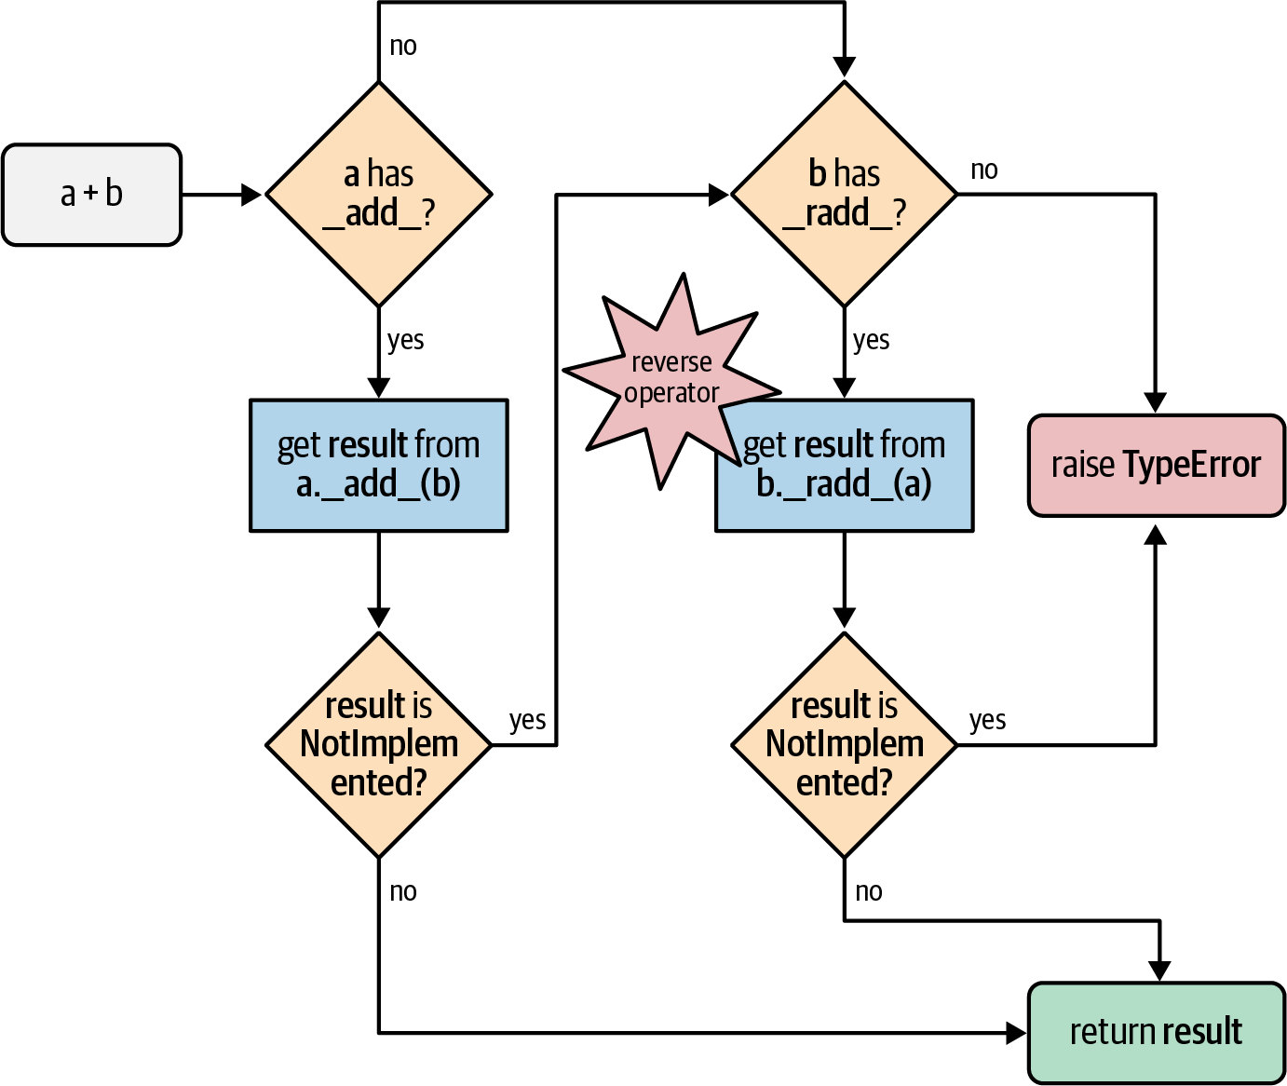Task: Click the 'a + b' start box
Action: pos(91,195)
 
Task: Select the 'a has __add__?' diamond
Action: pos(378,194)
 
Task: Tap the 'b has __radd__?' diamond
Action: pos(844,194)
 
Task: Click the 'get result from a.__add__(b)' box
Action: pos(378,465)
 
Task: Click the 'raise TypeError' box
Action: pos(1156,465)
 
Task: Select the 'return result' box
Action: pos(1156,1032)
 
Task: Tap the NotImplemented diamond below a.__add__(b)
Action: pos(378,744)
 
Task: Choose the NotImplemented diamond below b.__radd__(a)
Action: pos(844,744)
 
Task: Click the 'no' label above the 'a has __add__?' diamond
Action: pos(403,47)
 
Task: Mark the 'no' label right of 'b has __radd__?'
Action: pos(984,170)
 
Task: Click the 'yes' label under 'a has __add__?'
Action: pos(405,341)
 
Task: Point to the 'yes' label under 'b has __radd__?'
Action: pos(871,341)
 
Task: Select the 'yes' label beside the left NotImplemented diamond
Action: pos(527,721)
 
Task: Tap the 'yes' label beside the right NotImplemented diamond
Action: pos(987,721)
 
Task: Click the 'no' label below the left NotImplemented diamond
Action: pos(403,892)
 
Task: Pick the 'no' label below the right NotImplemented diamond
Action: pos(869,892)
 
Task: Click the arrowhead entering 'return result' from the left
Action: pos(1016,1032)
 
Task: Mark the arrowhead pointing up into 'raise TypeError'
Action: pos(1156,535)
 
